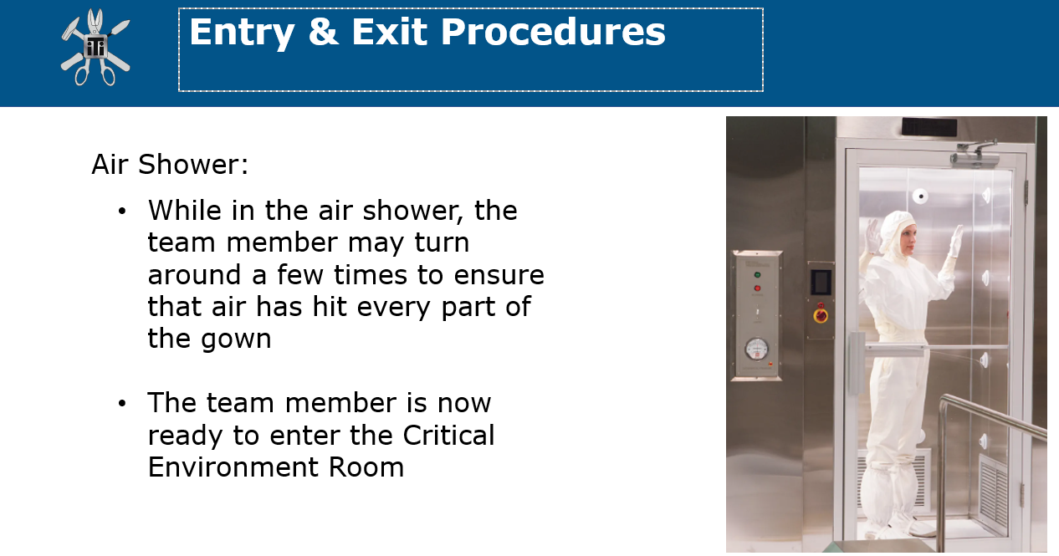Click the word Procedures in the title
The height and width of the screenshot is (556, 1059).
click(553, 33)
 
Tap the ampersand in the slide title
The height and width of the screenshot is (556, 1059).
click(324, 32)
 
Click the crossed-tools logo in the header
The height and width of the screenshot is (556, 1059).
click(95, 47)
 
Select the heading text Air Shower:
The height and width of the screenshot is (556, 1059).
click(170, 165)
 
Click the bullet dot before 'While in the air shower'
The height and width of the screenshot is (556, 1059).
click(122, 212)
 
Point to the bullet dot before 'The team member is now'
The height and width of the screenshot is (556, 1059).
click(122, 404)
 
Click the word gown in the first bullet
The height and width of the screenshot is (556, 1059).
click(236, 340)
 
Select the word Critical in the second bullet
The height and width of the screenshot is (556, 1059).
click(448, 435)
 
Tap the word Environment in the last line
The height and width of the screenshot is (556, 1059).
click(233, 467)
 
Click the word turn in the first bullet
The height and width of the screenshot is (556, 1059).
click(442, 242)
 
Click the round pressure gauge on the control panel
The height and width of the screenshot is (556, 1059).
click(756, 349)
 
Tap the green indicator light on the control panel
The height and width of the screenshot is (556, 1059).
click(757, 274)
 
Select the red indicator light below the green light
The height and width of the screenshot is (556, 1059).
click(757, 288)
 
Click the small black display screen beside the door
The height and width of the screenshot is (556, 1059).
click(821, 282)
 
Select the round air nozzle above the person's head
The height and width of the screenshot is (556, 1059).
click(920, 196)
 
